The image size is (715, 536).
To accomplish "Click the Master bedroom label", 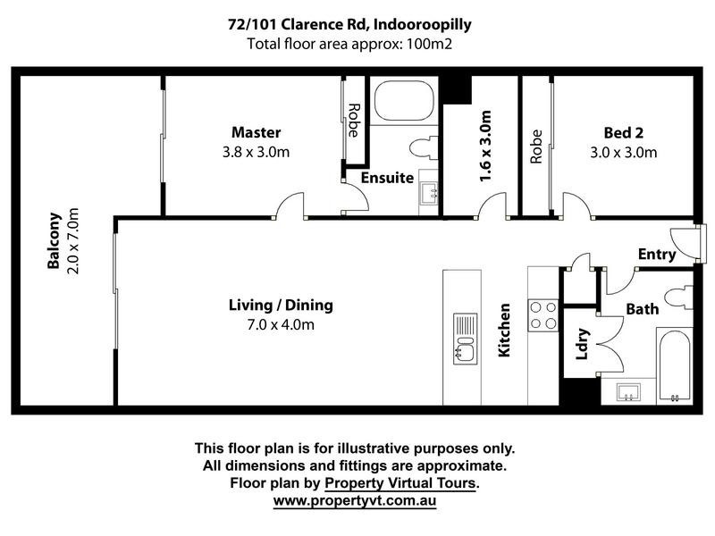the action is pyautogui.click(x=256, y=132).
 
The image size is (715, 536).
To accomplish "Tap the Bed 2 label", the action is pyautogui.click(x=623, y=132).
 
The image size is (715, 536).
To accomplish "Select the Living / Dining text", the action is pyautogui.click(x=281, y=305).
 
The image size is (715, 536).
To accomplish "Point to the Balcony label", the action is pyautogui.click(x=54, y=240).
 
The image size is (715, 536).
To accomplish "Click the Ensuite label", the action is pyautogui.click(x=387, y=177).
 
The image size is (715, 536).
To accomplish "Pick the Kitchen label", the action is pyautogui.click(x=504, y=330).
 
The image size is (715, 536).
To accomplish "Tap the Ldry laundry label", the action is pyautogui.click(x=583, y=344).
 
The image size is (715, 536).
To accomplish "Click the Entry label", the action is pyautogui.click(x=657, y=255).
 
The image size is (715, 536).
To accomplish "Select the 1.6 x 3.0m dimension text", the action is pyautogui.click(x=485, y=146).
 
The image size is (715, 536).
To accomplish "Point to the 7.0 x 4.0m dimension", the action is pyautogui.click(x=281, y=324).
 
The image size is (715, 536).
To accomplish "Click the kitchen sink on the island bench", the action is pyautogui.click(x=465, y=339).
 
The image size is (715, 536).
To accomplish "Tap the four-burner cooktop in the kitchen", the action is pyautogui.click(x=543, y=315).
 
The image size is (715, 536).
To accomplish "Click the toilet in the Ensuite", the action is pyautogui.click(x=424, y=147).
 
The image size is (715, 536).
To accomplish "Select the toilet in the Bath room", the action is pyautogui.click(x=678, y=298).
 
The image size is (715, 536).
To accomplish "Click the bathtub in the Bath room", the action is pyautogui.click(x=675, y=365).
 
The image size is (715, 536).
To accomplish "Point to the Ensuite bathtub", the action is pyautogui.click(x=404, y=101).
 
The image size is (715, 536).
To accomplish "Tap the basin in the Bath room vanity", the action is pyautogui.click(x=628, y=392).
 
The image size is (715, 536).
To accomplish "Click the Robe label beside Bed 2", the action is pyautogui.click(x=536, y=147).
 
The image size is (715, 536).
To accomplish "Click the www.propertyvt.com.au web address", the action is pyautogui.click(x=355, y=500).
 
